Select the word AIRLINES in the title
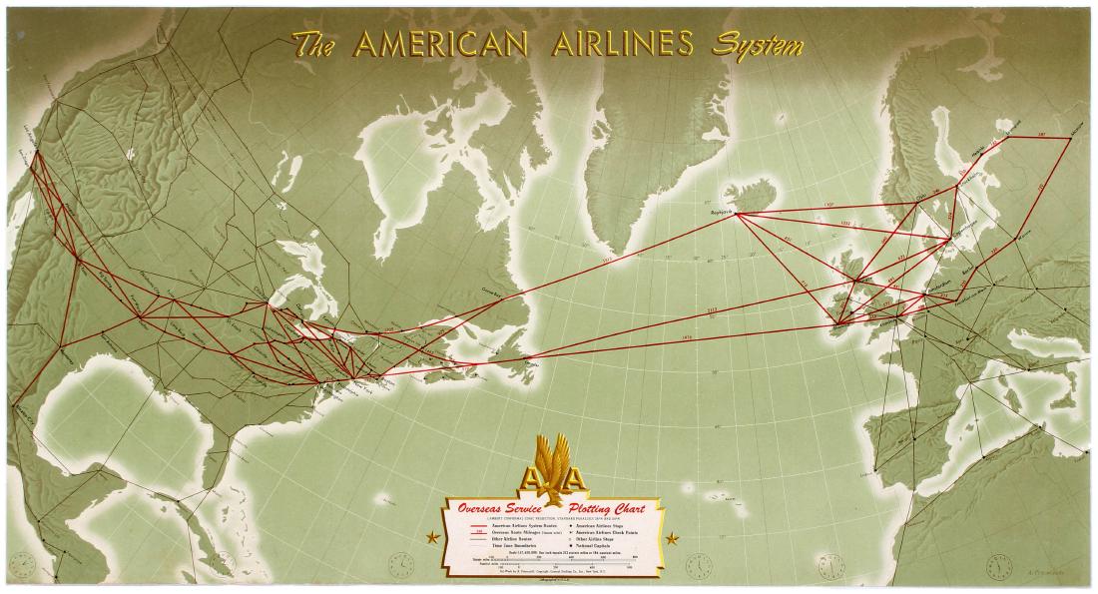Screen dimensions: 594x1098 (x=621, y=44)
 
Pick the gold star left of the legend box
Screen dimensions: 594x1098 (x=431, y=538)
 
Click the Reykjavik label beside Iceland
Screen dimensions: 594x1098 (x=722, y=214)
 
